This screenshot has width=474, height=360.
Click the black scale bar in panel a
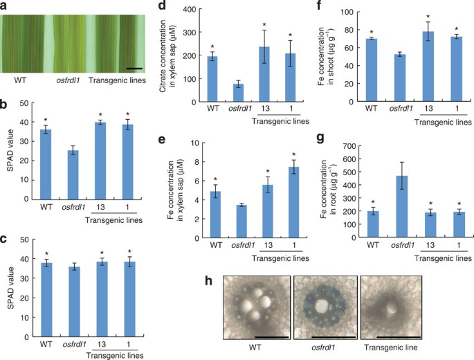pyautogui.click(x=134, y=69)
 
